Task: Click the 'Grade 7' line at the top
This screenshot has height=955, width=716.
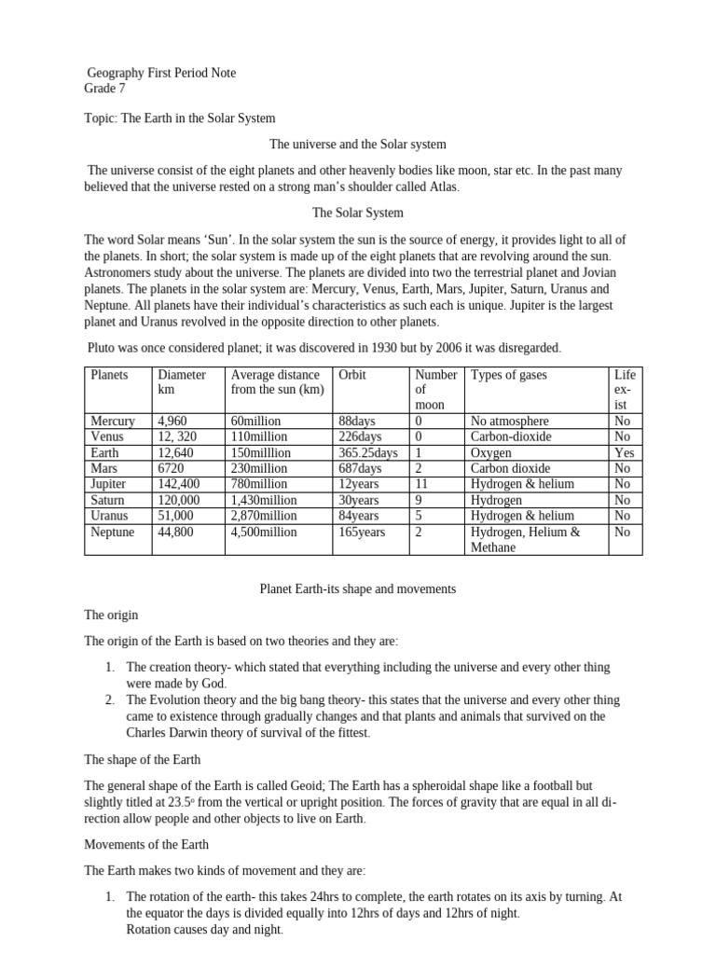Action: coord(104,90)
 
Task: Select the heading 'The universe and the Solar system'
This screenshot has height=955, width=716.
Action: coord(358,145)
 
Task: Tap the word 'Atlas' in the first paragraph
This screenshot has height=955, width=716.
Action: coord(443,187)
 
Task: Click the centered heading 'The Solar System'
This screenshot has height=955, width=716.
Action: coord(358,214)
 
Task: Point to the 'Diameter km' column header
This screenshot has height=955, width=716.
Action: coord(183,381)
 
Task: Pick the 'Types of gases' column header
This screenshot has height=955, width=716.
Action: coord(509,375)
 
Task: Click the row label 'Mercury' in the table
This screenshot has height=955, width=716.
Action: coord(112,422)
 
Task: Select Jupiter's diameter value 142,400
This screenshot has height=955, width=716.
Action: coord(179,484)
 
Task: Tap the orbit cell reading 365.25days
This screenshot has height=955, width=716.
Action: coord(368,453)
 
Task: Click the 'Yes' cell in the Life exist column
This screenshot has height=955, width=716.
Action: coord(624,453)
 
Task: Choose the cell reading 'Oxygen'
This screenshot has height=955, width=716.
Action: coord(491,453)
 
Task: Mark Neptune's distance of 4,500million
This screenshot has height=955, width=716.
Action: coord(264,532)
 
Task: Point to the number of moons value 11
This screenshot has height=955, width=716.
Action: coord(421,484)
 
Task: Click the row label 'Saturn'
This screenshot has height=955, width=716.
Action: coord(108,500)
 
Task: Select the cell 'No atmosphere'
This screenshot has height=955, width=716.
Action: coord(510,422)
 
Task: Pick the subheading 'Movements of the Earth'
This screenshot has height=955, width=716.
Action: coord(146,844)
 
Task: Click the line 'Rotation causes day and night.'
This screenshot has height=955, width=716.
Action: coord(205,930)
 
